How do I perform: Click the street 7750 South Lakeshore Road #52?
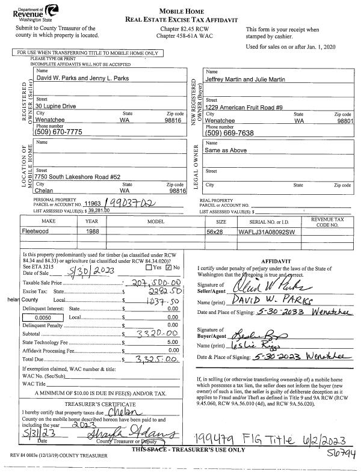79,177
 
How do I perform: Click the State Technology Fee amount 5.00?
173,341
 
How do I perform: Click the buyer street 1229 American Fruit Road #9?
244,106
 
